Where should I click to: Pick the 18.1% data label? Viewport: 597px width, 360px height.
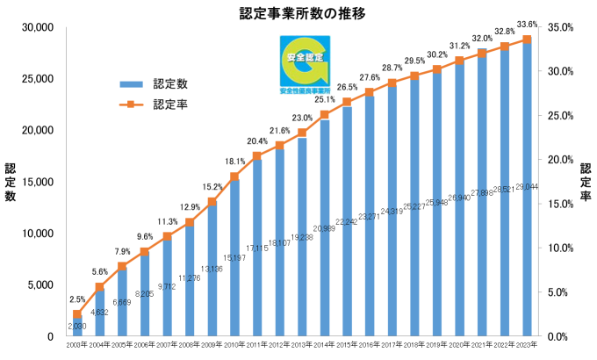tap(234, 162)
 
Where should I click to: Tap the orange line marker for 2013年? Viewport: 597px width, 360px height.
tap(302, 133)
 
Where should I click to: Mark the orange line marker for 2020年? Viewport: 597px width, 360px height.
tap(460, 61)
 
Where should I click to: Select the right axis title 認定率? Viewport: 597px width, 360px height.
tap(585, 182)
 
